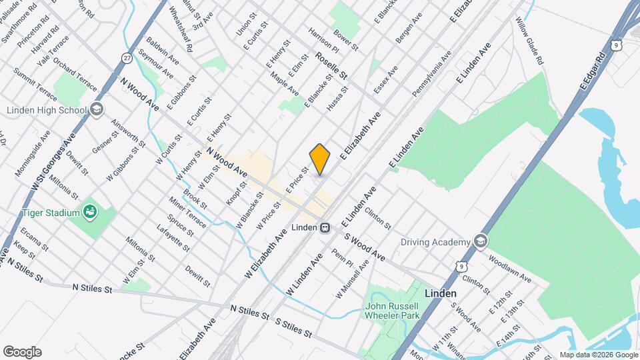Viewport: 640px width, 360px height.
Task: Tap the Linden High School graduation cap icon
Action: tap(97, 110)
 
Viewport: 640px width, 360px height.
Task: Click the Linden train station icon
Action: tap(325, 228)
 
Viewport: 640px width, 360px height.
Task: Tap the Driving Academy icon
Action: tap(479, 241)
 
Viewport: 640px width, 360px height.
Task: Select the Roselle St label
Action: tap(332, 67)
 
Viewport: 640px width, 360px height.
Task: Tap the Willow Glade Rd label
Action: tap(529, 41)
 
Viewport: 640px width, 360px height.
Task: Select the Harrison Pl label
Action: tap(324, 40)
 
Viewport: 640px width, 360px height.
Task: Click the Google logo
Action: tap(21, 352)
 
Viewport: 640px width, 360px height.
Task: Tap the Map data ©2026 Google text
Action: tap(598, 355)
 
